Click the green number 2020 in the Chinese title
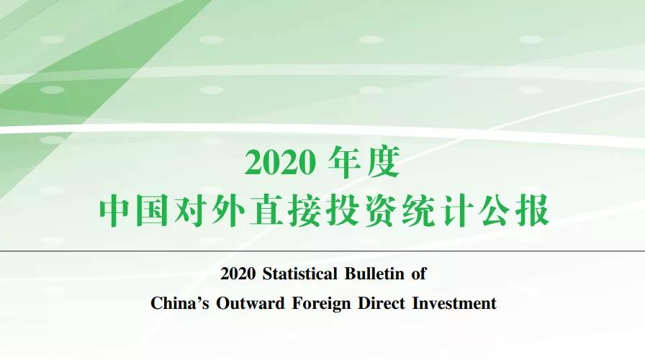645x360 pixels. tap(280, 163)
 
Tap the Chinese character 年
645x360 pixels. tap(345, 162)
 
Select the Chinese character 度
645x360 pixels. tap(384, 162)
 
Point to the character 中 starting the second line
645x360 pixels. tap(114, 211)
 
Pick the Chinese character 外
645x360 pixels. tap(228, 211)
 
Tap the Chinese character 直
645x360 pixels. tap(266, 211)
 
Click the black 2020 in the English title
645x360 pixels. tap(238, 274)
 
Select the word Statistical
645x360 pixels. tap(300, 274)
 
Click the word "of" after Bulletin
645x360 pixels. tap(419, 274)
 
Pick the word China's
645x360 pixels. tap(180, 304)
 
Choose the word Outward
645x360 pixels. tap(251, 304)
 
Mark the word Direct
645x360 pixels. tap(382, 304)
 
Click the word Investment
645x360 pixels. tap(454, 304)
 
